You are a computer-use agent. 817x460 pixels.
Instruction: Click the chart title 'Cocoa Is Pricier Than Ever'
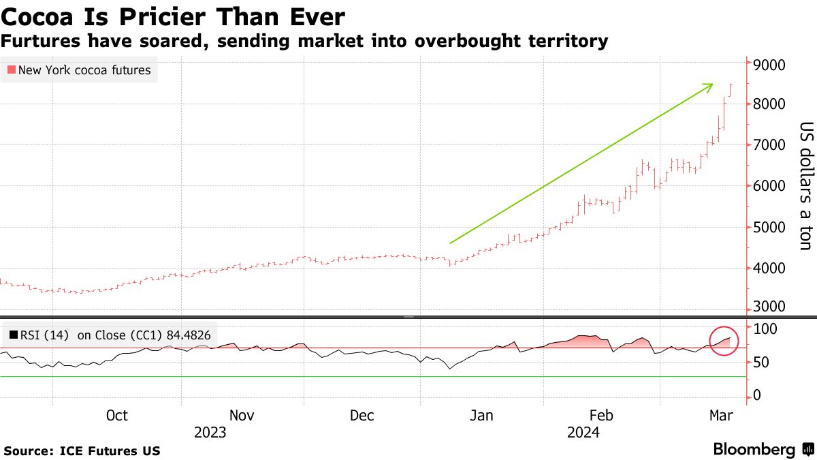click(173, 16)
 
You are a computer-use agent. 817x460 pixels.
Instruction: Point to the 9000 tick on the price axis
click(768, 65)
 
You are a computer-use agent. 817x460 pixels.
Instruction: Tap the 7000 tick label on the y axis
click(768, 145)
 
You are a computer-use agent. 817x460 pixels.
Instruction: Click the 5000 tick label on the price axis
click(768, 227)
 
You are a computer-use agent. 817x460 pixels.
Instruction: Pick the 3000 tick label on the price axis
click(768, 307)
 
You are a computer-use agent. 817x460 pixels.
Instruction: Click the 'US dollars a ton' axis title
click(805, 185)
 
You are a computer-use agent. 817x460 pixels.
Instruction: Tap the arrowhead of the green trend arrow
click(709, 86)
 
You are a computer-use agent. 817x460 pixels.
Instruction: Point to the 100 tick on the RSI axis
click(763, 328)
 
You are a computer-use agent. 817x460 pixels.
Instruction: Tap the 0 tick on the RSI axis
click(756, 396)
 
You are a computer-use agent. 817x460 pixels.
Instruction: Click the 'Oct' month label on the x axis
click(117, 416)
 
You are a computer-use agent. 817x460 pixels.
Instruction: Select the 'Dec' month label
click(362, 416)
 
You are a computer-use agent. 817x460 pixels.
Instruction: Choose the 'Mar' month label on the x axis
click(720, 416)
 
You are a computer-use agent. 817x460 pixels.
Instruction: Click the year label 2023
click(210, 433)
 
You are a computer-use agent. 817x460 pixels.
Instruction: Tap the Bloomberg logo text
click(754, 450)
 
